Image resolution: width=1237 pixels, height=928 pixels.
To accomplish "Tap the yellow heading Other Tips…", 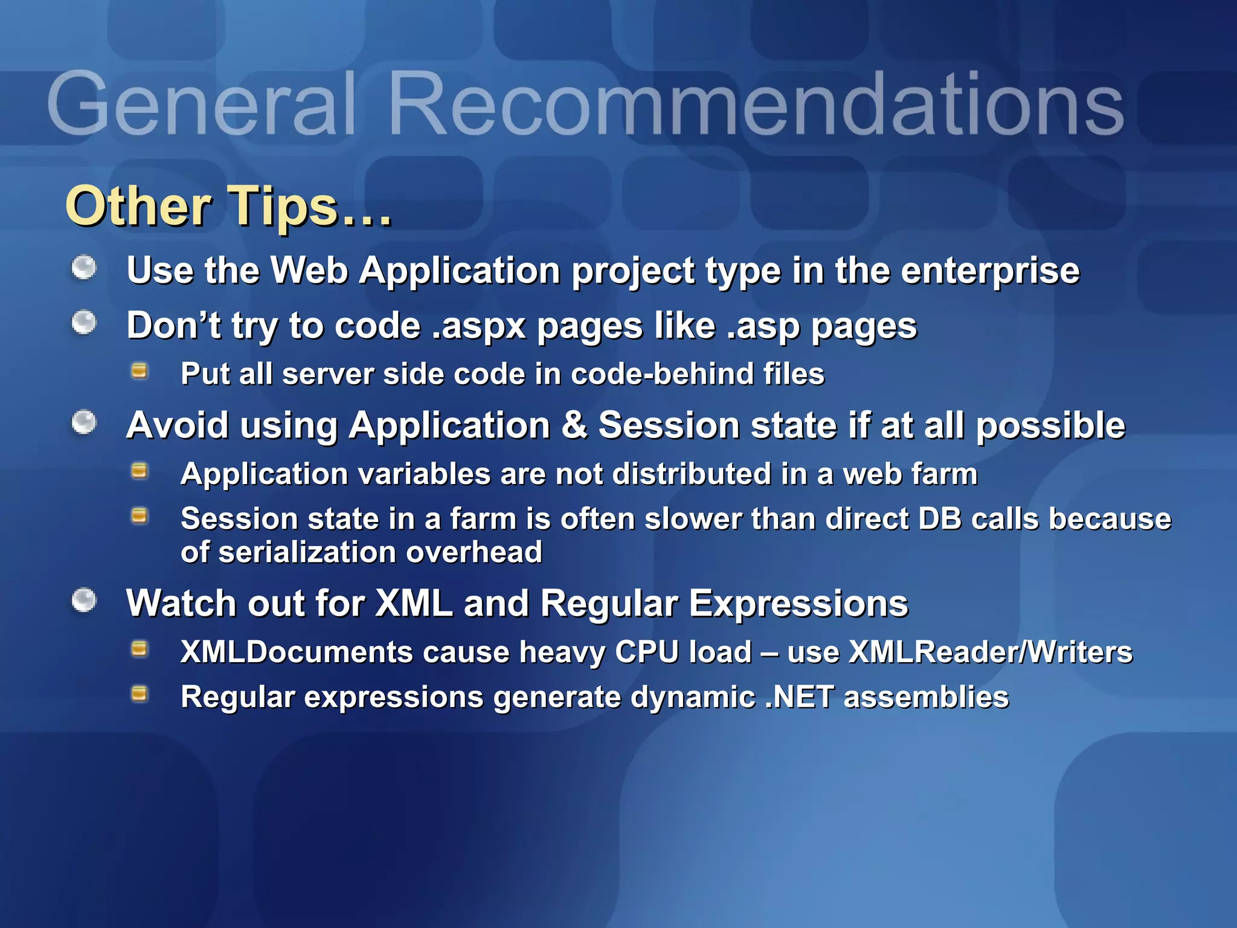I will pos(228,206).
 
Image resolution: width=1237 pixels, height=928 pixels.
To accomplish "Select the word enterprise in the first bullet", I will pos(989,271).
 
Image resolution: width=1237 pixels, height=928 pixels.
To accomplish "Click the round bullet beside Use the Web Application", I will pos(84,268).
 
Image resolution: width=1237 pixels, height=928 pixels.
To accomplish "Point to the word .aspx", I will pos(479,327).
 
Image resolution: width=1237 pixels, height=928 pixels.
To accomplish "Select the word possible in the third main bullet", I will pos(1050,426).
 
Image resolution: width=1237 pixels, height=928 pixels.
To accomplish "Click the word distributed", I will pos(692,474).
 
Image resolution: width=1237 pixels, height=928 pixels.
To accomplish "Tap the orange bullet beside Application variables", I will pos(140,471).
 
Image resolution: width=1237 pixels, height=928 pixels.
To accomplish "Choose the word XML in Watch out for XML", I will pos(414,604).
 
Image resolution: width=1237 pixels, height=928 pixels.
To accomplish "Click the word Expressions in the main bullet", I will pos(798,604).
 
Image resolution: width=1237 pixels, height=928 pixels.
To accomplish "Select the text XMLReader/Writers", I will pos(991,652).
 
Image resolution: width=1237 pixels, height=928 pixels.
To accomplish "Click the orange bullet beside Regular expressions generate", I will pos(140,694).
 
